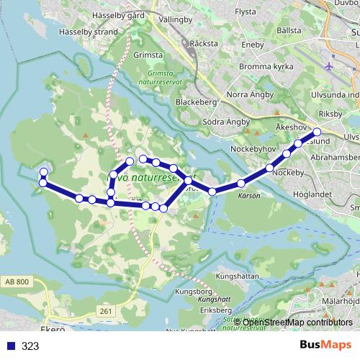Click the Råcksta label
pos(204,43)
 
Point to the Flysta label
pos(246,12)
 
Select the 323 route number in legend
pos(30,346)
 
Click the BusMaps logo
pos(326,345)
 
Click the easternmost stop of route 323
pos(317,132)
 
